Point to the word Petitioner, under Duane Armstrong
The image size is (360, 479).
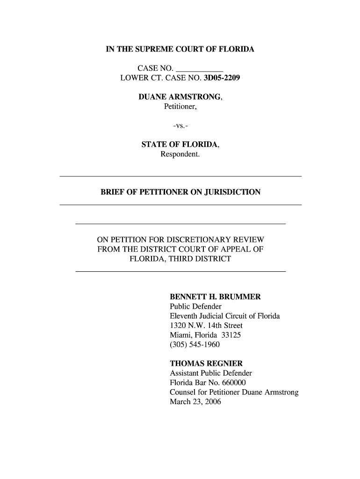pyautogui.click(x=180, y=107)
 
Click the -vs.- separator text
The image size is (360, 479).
pyautogui.click(x=180, y=126)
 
